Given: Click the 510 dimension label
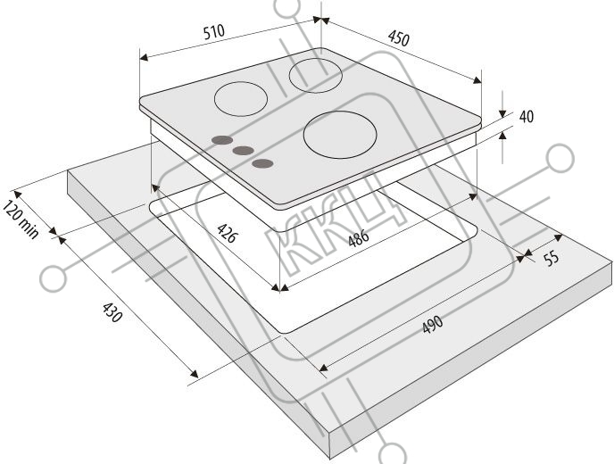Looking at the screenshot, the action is click(x=214, y=32).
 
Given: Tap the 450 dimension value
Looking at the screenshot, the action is click(x=399, y=38).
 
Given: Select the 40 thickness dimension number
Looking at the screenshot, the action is click(x=527, y=117).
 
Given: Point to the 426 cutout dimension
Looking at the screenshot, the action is click(x=227, y=233).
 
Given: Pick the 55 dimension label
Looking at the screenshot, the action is click(x=552, y=259).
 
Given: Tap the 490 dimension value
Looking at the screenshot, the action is click(x=433, y=324).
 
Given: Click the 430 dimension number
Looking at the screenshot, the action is click(x=112, y=312).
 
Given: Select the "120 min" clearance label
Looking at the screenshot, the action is click(x=21, y=220).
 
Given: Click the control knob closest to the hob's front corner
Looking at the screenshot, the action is click(x=262, y=163).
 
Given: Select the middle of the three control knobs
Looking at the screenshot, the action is click(x=243, y=151).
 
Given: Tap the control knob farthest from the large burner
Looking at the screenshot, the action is click(x=222, y=140).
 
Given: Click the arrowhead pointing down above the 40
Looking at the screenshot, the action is click(x=502, y=114).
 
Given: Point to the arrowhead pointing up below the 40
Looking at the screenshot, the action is click(x=502, y=135).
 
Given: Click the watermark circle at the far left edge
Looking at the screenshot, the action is click(x=53, y=278).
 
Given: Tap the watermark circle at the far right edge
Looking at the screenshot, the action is click(x=560, y=158).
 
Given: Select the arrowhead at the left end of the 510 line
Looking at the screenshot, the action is click(x=144, y=58).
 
